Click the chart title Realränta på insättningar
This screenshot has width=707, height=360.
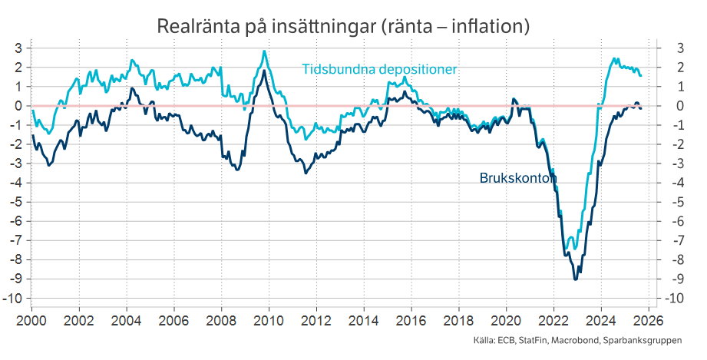[x=343, y=26]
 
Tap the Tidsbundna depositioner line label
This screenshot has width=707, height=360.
[x=379, y=69]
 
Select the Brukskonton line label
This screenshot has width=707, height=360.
[x=517, y=178]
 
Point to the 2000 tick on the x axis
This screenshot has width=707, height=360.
[x=31, y=319]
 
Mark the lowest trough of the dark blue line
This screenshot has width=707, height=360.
[x=576, y=279]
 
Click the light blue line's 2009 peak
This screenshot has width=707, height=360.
[x=264, y=51]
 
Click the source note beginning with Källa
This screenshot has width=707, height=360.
[x=577, y=341]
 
